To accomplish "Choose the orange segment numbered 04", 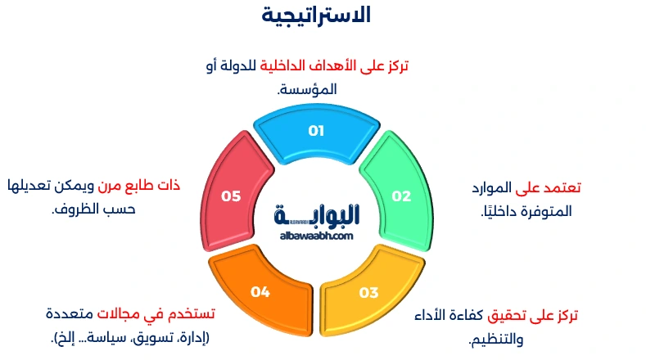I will tap(260, 291).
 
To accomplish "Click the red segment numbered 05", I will tap(232, 196).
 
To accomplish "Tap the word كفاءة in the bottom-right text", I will tap(466, 314).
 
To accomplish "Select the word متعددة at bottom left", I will tap(71, 314).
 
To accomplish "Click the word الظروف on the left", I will tap(79, 208).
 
